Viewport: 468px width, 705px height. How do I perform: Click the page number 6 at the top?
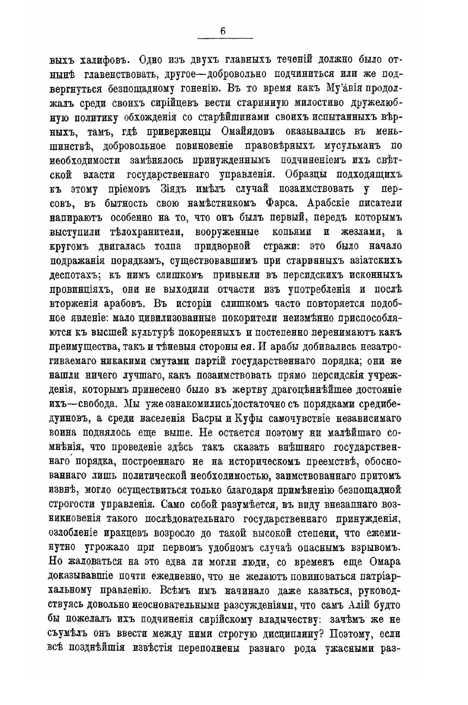(x=223, y=32)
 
